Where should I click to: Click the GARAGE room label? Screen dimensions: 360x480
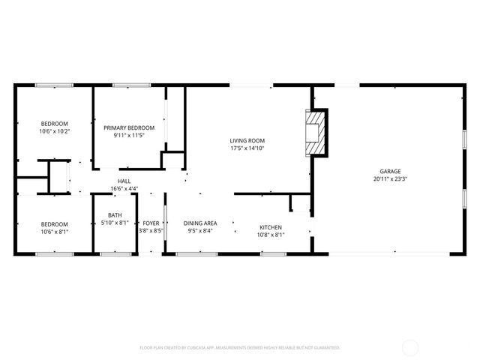point(390,171)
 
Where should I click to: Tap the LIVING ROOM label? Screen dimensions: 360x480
point(247,140)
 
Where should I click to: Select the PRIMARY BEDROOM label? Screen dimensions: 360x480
point(129,127)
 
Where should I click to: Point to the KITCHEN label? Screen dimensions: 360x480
point(271,226)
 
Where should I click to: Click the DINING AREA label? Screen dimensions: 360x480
point(202,223)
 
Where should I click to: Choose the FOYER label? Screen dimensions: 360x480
point(151,223)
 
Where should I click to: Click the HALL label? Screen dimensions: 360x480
point(124,181)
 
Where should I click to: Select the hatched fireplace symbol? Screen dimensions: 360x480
point(316,133)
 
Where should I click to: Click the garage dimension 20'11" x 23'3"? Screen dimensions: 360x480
point(390,178)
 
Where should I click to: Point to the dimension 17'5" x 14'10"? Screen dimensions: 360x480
point(247,148)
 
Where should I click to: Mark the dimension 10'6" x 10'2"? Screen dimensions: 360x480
point(54,131)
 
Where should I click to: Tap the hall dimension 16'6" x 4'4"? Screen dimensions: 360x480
point(124,188)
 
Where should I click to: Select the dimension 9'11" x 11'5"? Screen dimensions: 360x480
point(129,135)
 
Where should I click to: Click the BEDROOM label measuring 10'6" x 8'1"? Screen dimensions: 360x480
point(54,223)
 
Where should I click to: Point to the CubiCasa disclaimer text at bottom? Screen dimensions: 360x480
point(240,347)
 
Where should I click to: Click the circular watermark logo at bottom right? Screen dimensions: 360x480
point(410,347)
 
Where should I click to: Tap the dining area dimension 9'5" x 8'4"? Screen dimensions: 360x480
point(202,230)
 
